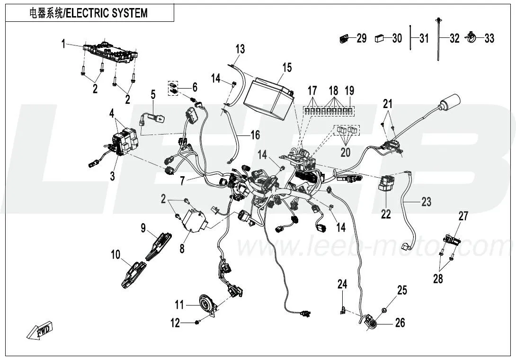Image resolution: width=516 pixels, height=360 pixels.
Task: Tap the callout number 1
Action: [x=62, y=44]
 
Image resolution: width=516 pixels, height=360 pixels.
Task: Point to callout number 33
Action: [x=489, y=38]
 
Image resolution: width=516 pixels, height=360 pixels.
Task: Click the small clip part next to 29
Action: [x=344, y=38]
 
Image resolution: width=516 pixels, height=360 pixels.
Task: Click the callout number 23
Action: [x=426, y=202]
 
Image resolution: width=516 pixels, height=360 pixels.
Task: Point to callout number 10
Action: [x=116, y=255]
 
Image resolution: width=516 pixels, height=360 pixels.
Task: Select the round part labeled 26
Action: [x=372, y=324]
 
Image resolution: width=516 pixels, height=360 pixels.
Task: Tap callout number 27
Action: [x=463, y=216]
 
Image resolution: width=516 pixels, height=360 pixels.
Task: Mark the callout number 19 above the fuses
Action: [x=349, y=90]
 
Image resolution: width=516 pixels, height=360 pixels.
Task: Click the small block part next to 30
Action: [x=380, y=38]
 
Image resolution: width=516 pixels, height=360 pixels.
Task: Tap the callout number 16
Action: [x=255, y=135]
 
